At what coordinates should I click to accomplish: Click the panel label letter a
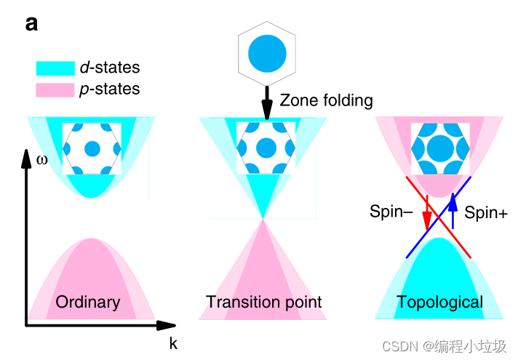point(31,23)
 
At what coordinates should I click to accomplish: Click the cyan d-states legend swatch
point(55,68)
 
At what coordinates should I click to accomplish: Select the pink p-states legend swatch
point(55,90)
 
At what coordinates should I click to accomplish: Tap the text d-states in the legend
point(110,68)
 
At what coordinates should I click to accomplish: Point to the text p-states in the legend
point(110,90)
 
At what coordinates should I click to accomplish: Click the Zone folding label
point(326,101)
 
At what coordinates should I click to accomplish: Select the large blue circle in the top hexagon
point(267,54)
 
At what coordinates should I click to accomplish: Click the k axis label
point(173,344)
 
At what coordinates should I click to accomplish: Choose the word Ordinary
point(88,302)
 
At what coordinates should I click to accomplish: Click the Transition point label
point(264,302)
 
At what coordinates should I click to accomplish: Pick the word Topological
point(439,302)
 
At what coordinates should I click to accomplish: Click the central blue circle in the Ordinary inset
point(92,149)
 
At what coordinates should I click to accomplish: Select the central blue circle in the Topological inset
point(440,148)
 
